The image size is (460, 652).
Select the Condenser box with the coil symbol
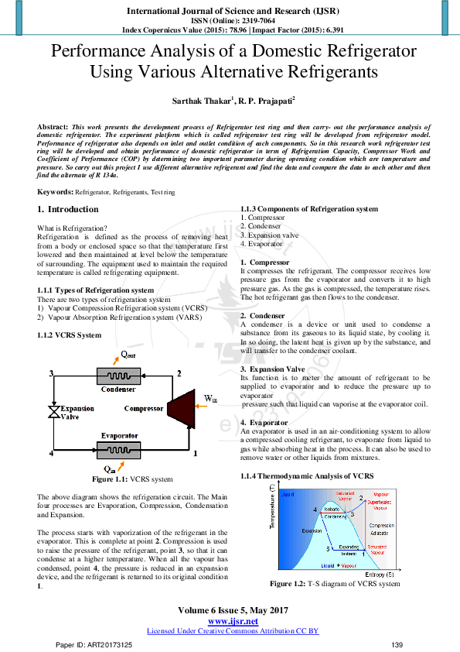point(118,376)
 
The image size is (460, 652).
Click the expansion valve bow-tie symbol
point(53,410)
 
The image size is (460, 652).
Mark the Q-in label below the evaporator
point(109,468)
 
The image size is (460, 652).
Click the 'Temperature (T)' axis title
point(272,506)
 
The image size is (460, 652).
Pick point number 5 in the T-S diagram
point(328,549)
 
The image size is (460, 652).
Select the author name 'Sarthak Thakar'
point(210,101)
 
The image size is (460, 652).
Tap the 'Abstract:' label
point(52,125)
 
